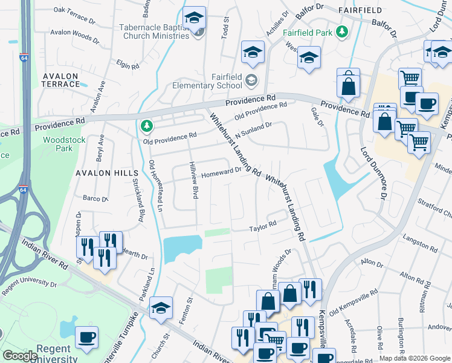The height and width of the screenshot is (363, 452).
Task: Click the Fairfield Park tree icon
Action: (x=343, y=30)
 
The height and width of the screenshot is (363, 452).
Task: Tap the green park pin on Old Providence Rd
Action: (x=145, y=126)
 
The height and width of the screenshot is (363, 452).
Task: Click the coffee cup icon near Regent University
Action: (x=86, y=336)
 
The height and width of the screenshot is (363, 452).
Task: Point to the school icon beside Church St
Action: (x=161, y=307)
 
